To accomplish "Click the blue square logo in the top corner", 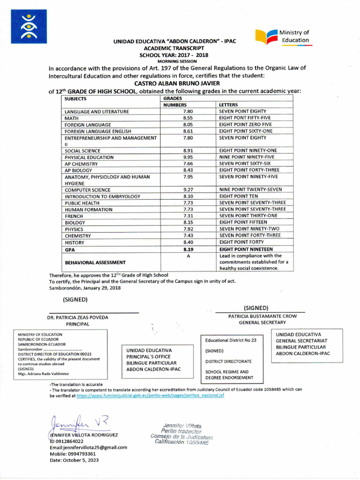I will [x=30, y=26].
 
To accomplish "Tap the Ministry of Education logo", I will [x=283, y=37].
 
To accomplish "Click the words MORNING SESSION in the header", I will [x=177, y=61].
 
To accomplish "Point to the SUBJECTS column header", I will [x=76, y=99].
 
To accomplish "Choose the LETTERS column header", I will [x=229, y=105].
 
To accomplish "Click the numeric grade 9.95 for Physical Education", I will [x=188, y=157].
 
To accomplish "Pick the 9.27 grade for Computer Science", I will [x=188, y=190].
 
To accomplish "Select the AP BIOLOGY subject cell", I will [x=78, y=171].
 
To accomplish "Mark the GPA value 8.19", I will [x=188, y=249].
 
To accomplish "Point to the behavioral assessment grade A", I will [x=188, y=256].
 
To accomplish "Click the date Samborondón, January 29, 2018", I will [x=85, y=288].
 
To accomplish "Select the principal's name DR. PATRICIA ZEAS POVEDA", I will [x=78, y=317].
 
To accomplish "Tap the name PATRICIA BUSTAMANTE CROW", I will [x=262, y=316].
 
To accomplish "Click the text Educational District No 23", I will [x=231, y=340].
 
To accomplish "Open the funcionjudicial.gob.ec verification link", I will [x=150, y=396].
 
